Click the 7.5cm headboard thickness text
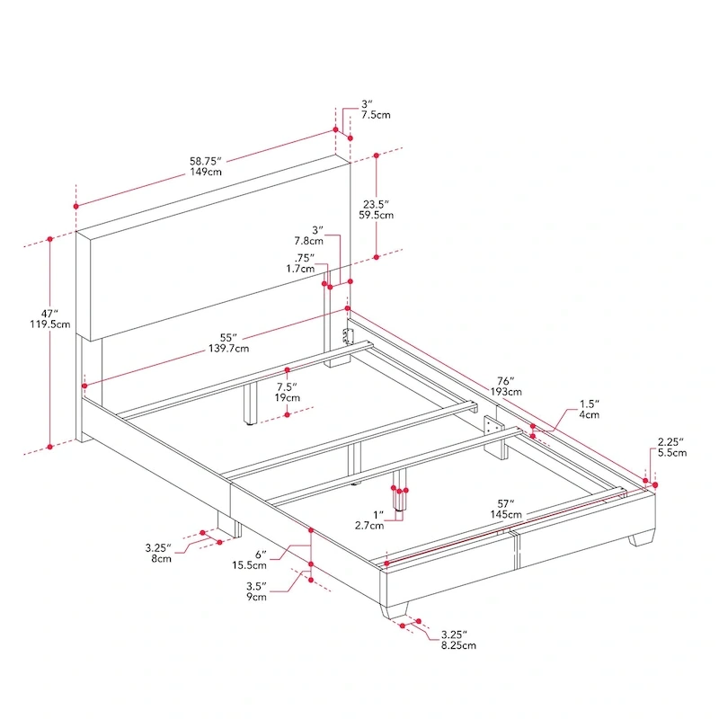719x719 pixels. [x=376, y=116]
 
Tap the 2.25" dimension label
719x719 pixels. [x=670, y=441]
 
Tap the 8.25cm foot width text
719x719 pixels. [x=457, y=645]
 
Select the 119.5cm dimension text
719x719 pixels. [x=49, y=324]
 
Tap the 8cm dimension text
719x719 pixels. [x=162, y=559]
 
